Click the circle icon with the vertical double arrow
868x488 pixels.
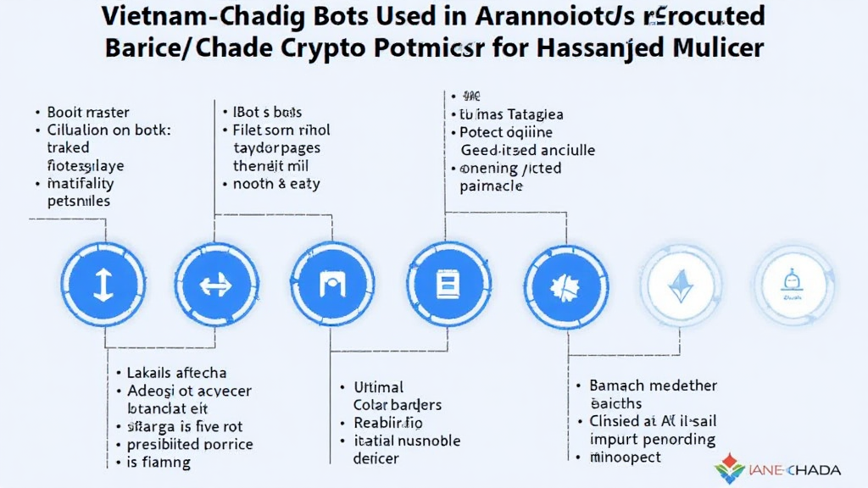pos(102,285)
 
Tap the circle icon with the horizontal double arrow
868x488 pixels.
pos(215,285)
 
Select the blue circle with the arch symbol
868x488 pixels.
pos(331,285)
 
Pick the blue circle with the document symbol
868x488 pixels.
pos(447,285)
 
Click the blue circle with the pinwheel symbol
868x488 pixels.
pos(563,285)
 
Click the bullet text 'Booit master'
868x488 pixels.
pos(88,112)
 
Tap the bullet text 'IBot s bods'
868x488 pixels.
pos(267,112)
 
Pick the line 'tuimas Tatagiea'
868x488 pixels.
pos(511,114)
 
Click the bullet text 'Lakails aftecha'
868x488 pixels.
pos(175,373)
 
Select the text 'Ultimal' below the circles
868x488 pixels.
pos(378,387)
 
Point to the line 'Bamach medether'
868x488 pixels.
pos(653,385)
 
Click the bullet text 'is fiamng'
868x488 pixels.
pos(158,463)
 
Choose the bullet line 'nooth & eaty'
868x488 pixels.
pos(278,183)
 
